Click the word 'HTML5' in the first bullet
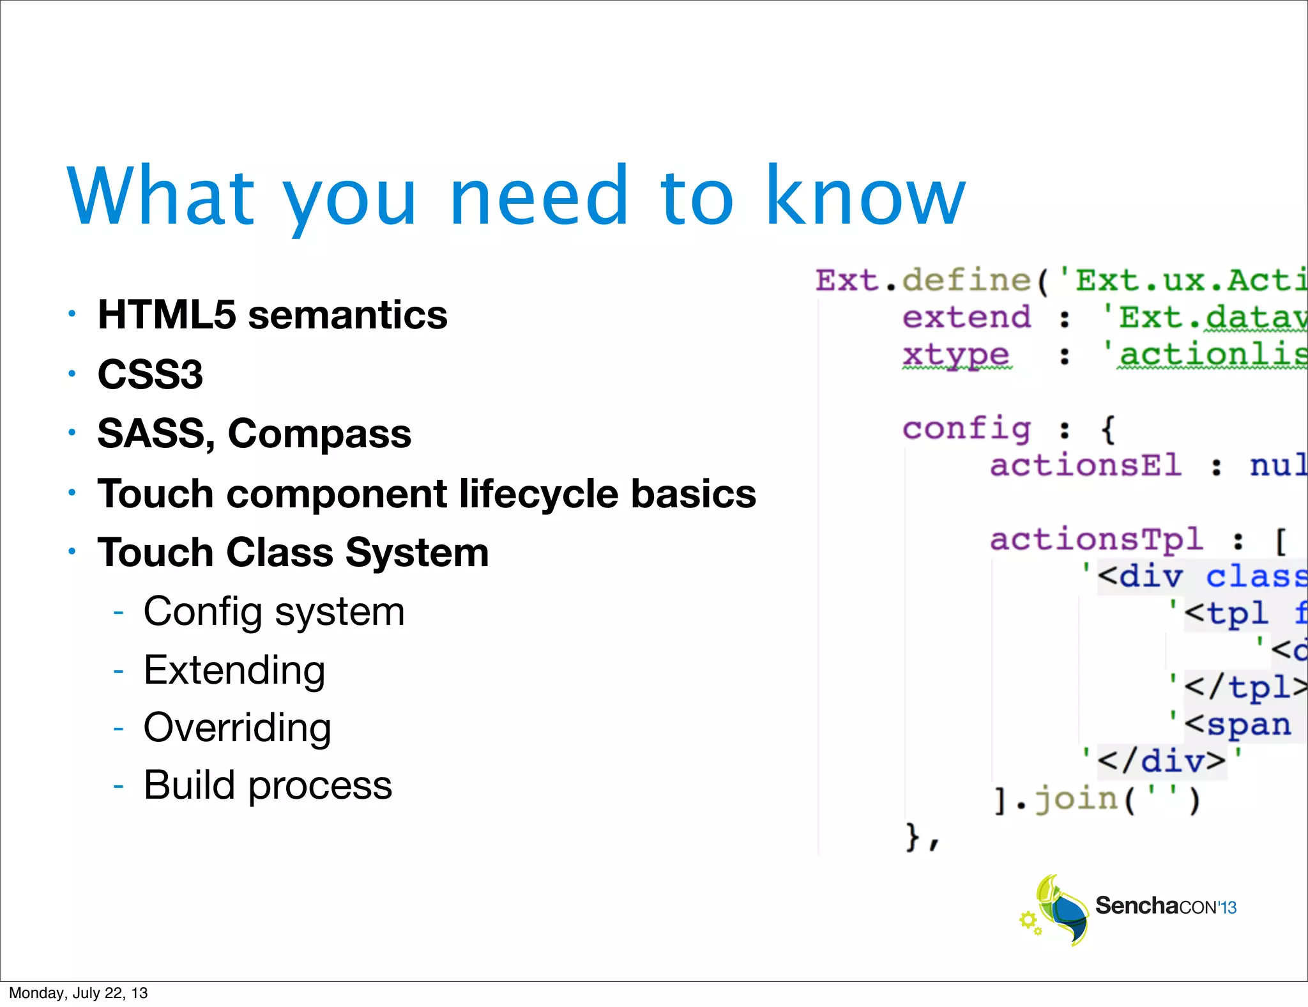pos(167,315)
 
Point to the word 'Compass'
pos(319,434)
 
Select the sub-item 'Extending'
pos(234,670)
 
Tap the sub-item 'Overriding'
pos(237,728)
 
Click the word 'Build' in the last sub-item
pos(189,785)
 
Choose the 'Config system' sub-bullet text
pos(274,611)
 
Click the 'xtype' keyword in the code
pos(955,355)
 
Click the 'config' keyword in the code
pos(966,429)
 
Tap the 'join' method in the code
pos(1076,799)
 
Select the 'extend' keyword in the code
pos(966,318)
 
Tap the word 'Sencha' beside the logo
pos(1137,906)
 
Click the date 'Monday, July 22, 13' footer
pos(78,993)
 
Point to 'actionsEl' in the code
pos(1085,466)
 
